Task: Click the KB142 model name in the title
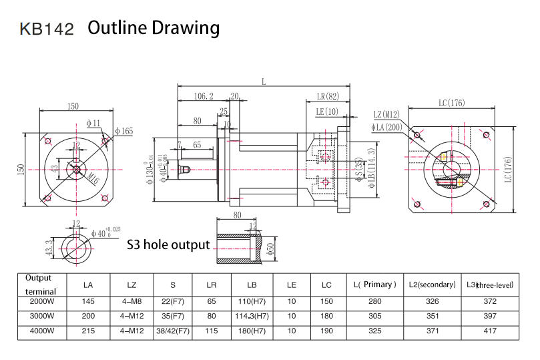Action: click(x=47, y=29)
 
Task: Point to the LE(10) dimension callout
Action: click(x=327, y=111)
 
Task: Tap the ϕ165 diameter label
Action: click(x=123, y=131)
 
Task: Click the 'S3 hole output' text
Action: click(x=168, y=244)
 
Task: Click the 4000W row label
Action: click(x=39, y=331)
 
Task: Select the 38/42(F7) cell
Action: click(x=172, y=331)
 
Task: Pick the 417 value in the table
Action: click(x=489, y=331)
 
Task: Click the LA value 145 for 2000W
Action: click(x=88, y=301)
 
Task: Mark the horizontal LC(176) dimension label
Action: click(x=451, y=104)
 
